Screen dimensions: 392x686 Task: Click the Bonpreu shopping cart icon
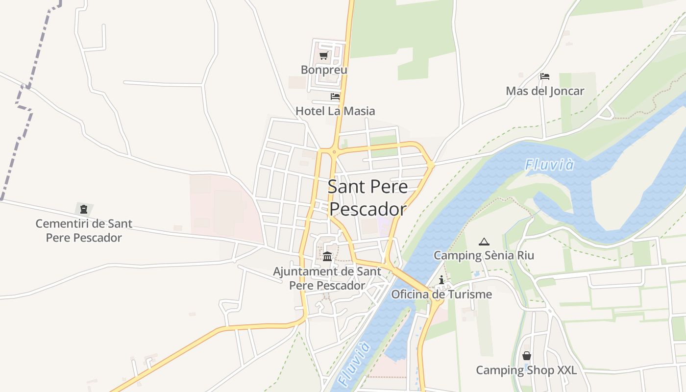[323, 56]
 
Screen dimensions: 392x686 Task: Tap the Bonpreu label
[324, 70]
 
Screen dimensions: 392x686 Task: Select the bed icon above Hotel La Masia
[335, 97]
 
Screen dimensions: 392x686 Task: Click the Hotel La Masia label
[335, 111]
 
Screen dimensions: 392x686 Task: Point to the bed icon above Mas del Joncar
[545, 76]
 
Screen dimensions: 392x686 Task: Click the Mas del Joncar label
[545, 91]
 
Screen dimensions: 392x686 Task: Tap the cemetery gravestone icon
[84, 209]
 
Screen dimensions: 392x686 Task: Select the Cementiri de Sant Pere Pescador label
[84, 231]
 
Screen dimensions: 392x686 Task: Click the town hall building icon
[327, 256]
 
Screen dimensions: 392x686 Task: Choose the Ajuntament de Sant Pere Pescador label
[327, 278]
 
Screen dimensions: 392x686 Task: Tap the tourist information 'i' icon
[441, 280]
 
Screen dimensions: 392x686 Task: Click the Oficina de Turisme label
[441, 294]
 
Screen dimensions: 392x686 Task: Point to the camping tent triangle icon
[484, 241]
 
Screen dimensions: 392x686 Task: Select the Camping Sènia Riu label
[484, 255]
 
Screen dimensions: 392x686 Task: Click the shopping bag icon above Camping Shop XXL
[527, 355]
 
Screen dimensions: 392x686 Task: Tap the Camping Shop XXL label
[527, 370]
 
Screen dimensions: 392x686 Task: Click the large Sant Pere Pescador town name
[367, 197]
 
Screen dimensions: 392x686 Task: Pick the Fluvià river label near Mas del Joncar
[549, 165]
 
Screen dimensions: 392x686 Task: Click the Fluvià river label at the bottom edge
[353, 365]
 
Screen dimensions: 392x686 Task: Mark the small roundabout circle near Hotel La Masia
[334, 152]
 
